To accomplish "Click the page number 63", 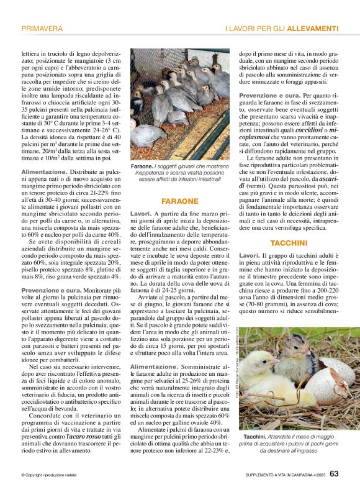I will [x=334, y=474].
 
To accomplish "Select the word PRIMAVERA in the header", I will [x=42, y=29].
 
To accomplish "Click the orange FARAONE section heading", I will [x=179, y=201].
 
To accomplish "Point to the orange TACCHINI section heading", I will [x=289, y=242].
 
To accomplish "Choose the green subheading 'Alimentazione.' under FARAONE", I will [x=153, y=367].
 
